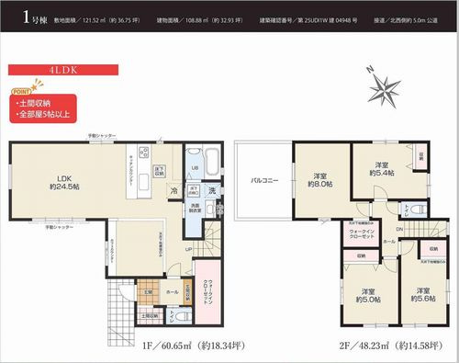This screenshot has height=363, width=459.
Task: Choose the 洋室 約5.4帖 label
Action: (x=382, y=167)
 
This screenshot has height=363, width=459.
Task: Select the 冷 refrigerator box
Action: (x=174, y=190)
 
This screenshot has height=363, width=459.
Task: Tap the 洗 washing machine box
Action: (x=210, y=189)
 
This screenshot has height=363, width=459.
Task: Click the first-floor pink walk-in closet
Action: (x=208, y=295)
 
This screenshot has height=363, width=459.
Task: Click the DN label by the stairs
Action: (x=400, y=229)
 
